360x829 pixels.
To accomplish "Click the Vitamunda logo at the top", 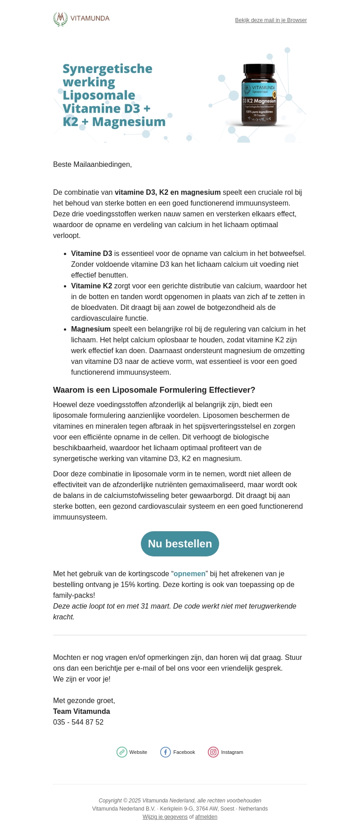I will click(81, 19).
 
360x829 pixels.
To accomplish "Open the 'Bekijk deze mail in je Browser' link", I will click(271, 20).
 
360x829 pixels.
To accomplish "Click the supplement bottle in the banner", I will click(258, 95).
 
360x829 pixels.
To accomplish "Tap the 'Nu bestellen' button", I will click(180, 544).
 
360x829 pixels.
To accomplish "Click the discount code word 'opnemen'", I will click(189, 574).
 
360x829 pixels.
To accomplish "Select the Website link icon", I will click(122, 752).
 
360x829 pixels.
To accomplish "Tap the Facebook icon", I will click(166, 752).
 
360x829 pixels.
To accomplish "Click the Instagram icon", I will click(213, 752).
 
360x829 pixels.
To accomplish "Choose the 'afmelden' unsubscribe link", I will click(206, 817).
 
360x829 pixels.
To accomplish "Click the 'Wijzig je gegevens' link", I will click(165, 817).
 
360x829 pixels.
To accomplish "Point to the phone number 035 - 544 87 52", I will click(78, 722).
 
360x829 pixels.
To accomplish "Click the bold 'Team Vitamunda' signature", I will click(81, 712).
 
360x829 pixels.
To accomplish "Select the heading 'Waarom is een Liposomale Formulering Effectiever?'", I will click(154, 390).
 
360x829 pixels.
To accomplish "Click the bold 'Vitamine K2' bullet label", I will click(91, 286).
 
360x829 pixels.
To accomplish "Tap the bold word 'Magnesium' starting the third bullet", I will click(90, 329).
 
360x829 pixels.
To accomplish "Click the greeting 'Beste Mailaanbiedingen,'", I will click(92, 165).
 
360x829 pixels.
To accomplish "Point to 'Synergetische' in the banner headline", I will click(108, 69).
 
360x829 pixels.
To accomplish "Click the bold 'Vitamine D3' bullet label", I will click(91, 254).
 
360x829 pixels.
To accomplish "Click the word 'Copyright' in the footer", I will click(110, 801).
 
